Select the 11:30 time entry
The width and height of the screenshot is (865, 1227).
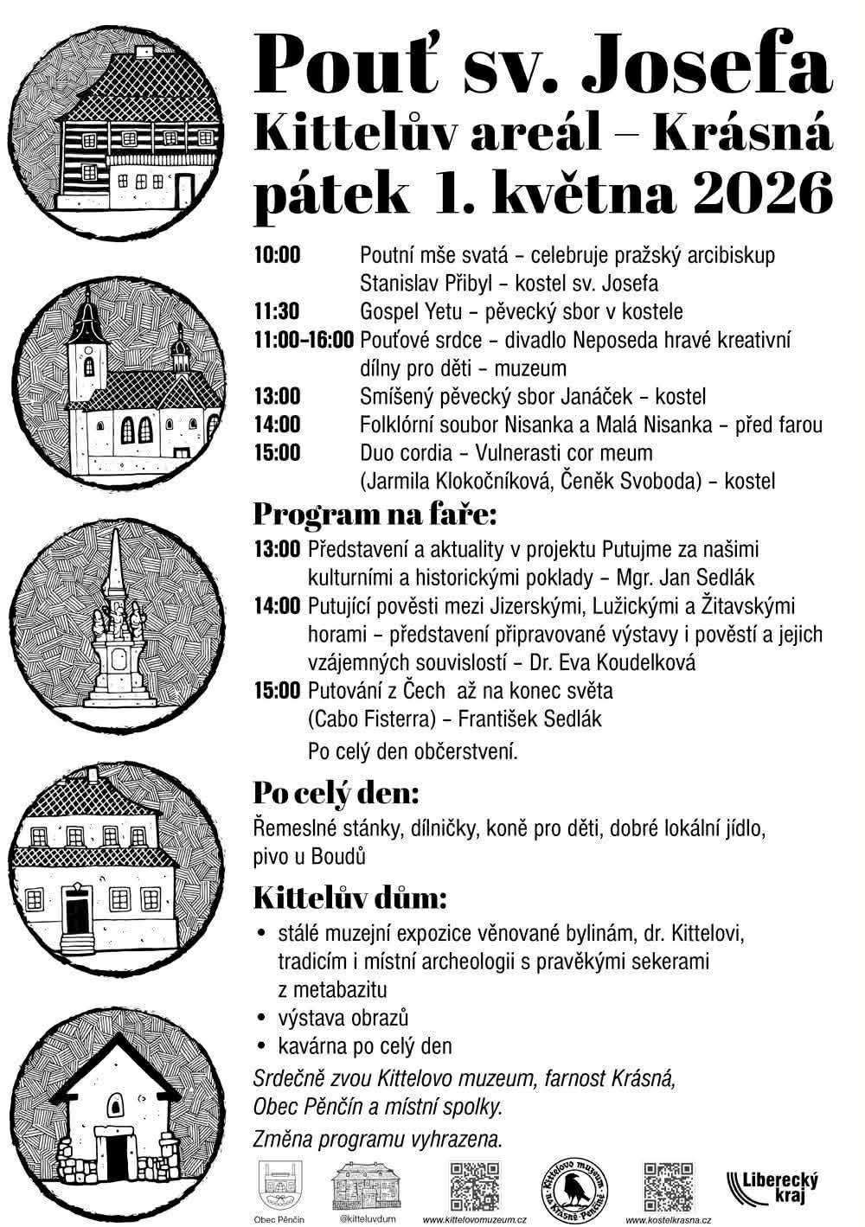click(x=277, y=311)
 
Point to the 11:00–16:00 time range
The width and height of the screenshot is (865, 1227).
click(x=304, y=340)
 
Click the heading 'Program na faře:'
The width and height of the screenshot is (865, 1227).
click(x=375, y=514)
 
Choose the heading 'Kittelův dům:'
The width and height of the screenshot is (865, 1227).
click(x=349, y=899)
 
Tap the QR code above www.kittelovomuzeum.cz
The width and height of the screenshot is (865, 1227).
click(x=475, y=1185)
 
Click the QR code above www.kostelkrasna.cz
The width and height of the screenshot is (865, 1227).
click(x=668, y=1185)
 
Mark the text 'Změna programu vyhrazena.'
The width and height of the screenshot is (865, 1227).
click(x=377, y=1139)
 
